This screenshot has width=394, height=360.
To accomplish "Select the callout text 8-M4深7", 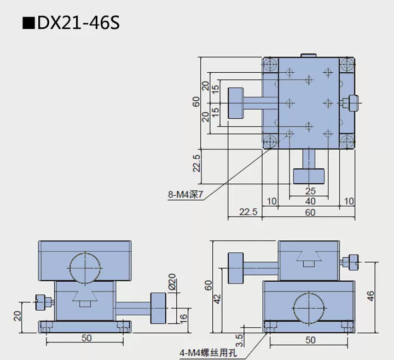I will pos(187,193).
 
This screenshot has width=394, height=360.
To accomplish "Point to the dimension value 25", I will pos(310,191).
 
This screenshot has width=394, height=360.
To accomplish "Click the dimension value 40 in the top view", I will pos(310,201).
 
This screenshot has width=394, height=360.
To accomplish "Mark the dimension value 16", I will pos(183,315).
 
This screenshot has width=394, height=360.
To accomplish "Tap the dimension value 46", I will pos(370,296).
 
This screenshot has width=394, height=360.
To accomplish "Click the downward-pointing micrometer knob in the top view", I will pos(309,176).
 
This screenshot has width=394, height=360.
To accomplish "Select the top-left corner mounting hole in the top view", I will pos(269,66).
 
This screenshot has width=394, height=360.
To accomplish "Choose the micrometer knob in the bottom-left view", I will pos(159,308).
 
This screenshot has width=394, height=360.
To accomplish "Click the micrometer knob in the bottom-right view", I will pos(236,268).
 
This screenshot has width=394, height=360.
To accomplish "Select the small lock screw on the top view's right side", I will pos(352,102).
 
